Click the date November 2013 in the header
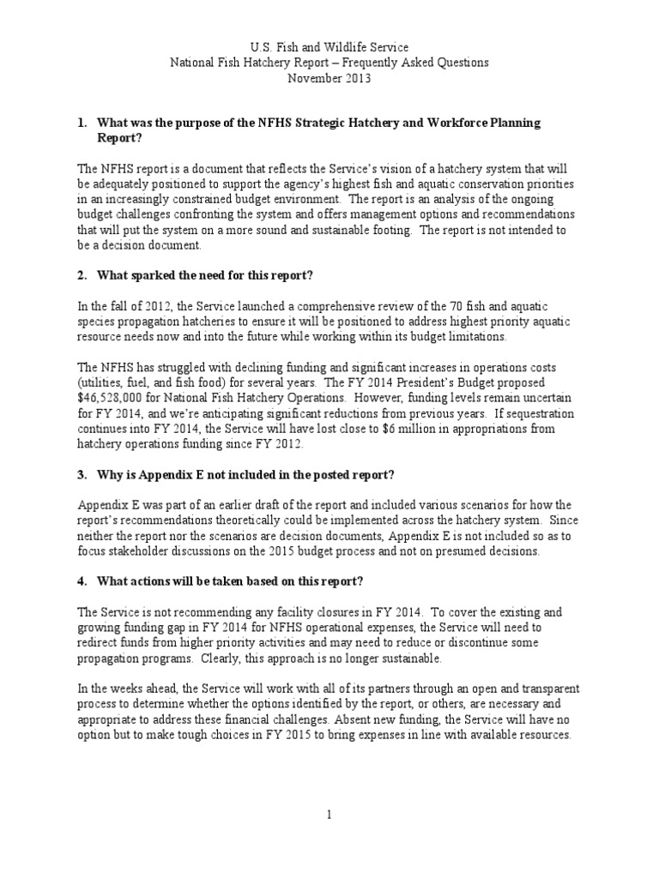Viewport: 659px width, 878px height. point(329,78)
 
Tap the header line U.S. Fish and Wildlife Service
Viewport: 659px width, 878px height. point(329,46)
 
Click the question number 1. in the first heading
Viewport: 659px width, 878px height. point(83,123)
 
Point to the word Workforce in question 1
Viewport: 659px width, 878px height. point(447,123)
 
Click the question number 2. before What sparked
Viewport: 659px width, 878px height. point(83,276)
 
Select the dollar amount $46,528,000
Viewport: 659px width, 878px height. point(118,399)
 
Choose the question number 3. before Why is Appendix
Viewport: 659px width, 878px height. point(83,475)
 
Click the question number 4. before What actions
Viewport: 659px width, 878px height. point(83,582)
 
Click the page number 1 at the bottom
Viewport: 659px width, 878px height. point(329,815)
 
